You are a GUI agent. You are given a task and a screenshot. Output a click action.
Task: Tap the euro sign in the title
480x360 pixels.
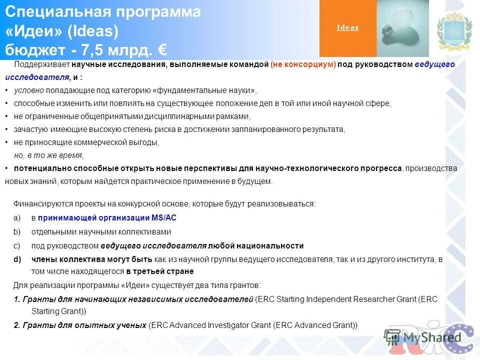[x=161, y=50]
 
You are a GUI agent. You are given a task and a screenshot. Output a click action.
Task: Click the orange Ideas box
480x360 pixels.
[x=347, y=28]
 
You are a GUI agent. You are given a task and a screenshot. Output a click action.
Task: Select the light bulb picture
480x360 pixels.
[x=402, y=28]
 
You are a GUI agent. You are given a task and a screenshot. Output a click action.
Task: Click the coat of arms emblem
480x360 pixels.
[x=454, y=31]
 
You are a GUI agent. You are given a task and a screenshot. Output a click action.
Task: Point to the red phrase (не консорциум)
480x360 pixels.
[x=303, y=65]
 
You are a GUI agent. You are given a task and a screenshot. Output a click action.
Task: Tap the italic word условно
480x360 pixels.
[x=29, y=90]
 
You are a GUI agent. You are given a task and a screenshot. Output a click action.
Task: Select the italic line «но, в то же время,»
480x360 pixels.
[x=48, y=155]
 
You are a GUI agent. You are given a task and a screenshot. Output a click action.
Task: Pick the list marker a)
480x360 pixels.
[x=17, y=218]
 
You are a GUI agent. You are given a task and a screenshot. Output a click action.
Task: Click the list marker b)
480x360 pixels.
[x=17, y=232]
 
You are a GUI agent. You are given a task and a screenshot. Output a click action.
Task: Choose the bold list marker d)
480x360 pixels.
[x=17, y=259]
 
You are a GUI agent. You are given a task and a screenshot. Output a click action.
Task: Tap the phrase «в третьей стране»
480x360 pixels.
[x=159, y=271]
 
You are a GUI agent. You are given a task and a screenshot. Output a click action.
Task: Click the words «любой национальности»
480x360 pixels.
[x=256, y=245]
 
